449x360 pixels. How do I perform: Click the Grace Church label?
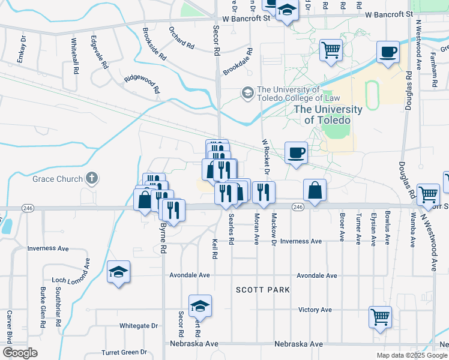click(x=53, y=179)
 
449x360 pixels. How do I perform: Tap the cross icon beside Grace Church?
click(x=91, y=178)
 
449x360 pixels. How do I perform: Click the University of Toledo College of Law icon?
click(x=247, y=93)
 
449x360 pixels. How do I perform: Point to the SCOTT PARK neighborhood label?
click(x=262, y=290)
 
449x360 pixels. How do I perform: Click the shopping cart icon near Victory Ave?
click(x=380, y=317)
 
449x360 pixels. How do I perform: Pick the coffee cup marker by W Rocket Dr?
click(x=296, y=152)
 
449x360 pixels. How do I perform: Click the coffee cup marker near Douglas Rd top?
click(x=388, y=52)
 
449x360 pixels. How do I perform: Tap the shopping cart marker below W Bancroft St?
click(x=331, y=50)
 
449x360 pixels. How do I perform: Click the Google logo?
click(x=20, y=353)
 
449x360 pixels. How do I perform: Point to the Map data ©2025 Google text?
click(x=412, y=355)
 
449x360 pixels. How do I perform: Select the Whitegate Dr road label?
click(x=138, y=326)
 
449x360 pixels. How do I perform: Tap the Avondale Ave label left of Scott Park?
click(x=188, y=275)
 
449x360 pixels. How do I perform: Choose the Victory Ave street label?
click(x=315, y=310)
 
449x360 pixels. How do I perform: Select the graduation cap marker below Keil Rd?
click(x=200, y=306)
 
